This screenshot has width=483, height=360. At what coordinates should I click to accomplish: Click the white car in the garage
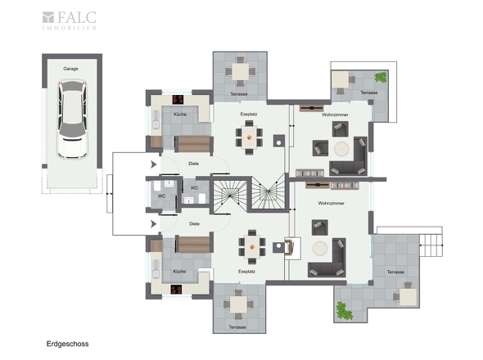[72, 119]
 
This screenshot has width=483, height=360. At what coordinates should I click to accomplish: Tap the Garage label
[70, 69]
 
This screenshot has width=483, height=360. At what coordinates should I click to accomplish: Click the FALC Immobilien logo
[70, 20]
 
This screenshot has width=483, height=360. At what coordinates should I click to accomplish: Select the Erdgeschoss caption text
[67, 344]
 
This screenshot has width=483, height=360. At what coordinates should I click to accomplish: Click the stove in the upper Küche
[178, 100]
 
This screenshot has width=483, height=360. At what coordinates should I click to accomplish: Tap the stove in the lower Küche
[177, 290]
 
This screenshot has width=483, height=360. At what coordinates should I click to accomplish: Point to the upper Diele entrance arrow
[153, 164]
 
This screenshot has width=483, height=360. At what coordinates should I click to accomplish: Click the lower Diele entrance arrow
[153, 224]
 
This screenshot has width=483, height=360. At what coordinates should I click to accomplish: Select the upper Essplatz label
[249, 114]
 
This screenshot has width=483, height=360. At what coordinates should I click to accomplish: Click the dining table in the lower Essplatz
[252, 246]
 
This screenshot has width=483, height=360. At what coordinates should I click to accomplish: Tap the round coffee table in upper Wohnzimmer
[341, 149]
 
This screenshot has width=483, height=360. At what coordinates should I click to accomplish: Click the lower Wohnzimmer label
[331, 203]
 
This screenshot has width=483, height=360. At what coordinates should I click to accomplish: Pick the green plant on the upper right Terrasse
[381, 77]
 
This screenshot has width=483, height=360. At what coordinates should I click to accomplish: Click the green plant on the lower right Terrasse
[344, 311]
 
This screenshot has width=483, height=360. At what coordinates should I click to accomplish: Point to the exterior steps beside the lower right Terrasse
[431, 245]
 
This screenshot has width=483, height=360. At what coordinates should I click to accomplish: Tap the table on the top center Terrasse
[240, 72]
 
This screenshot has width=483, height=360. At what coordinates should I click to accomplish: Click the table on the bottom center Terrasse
[238, 304]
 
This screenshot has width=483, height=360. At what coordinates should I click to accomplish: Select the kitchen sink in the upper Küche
[156, 120]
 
